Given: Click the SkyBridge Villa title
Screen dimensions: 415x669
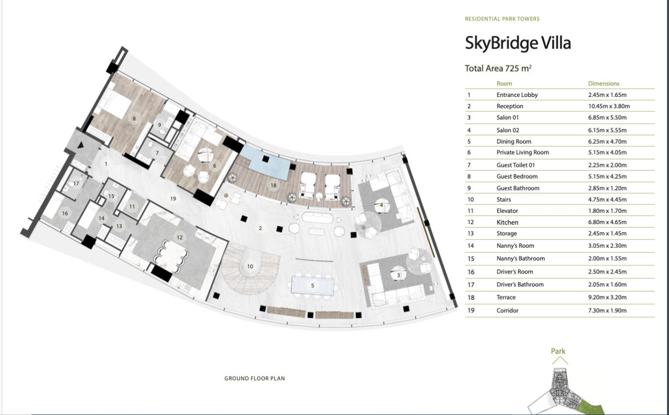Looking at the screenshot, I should click(x=518, y=43).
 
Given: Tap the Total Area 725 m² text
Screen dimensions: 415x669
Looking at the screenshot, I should click(x=498, y=69).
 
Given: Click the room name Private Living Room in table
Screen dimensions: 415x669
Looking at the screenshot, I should click(x=522, y=152).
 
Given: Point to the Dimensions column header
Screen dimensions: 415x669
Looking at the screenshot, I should click(x=603, y=84).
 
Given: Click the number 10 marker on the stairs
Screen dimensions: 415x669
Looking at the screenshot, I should click(x=250, y=267).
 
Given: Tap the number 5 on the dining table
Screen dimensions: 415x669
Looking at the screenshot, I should click(x=312, y=285).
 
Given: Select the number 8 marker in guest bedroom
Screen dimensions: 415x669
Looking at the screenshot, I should click(x=134, y=118).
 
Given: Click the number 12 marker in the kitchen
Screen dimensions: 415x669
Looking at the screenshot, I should click(x=179, y=237).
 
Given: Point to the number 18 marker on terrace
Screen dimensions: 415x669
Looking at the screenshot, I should click(x=273, y=185).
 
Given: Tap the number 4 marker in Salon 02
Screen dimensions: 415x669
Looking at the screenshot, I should click(x=381, y=205).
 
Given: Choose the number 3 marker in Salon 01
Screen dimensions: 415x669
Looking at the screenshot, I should click(x=398, y=276).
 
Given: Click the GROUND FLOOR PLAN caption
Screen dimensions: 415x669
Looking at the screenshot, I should click(x=254, y=378).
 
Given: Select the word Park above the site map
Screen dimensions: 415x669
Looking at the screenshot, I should click(x=558, y=351).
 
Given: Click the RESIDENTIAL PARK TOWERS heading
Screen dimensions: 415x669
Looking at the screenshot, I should click(x=502, y=19).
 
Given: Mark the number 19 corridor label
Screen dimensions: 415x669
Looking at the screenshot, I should click(x=173, y=199).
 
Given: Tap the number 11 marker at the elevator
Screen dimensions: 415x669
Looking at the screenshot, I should click(x=132, y=207).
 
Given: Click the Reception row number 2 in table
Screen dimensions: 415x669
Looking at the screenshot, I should click(x=469, y=106).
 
